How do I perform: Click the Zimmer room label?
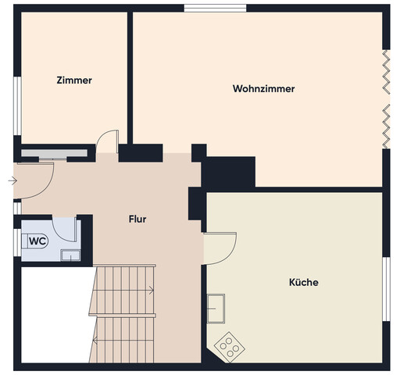pyautogui.click(x=74, y=80)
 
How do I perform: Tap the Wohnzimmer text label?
pyautogui.click(x=263, y=89)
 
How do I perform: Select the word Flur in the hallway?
pyautogui.click(x=137, y=220)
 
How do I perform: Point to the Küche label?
pyautogui.click(x=303, y=282)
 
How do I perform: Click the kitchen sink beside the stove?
pyautogui.click(x=216, y=309)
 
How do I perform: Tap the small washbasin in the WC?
pyautogui.click(x=71, y=254)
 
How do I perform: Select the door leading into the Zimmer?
pyautogui.click(x=107, y=142)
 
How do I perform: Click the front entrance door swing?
pyautogui.click(x=35, y=180)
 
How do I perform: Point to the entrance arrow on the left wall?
pyautogui.click(x=11, y=180)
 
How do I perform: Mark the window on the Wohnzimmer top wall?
pyautogui.click(x=216, y=9)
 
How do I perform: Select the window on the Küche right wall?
pyautogui.click(x=385, y=289)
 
